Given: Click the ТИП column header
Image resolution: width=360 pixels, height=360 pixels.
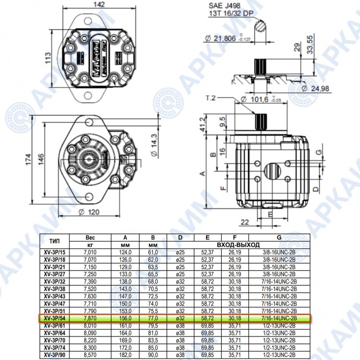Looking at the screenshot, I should click(54, 241).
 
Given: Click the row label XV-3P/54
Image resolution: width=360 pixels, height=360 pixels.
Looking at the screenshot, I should click(54, 318).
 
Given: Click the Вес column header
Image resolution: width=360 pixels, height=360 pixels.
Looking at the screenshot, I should click(90, 237).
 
